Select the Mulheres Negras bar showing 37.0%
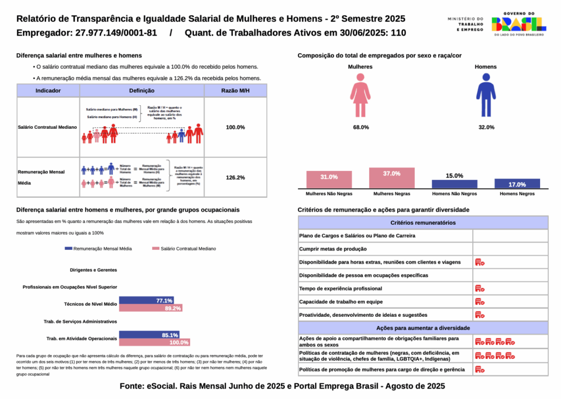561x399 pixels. [x=392, y=178]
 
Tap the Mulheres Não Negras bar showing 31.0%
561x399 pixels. [x=329, y=179]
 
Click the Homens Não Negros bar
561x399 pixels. [x=454, y=184]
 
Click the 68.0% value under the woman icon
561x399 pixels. [x=360, y=127]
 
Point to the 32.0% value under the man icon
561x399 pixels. [x=486, y=127]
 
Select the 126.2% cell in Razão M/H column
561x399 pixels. [x=236, y=178]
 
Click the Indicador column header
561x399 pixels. [x=48, y=90]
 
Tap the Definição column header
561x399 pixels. [x=142, y=90]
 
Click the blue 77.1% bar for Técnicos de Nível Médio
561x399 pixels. [x=146, y=300]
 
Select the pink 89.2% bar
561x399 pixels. [x=151, y=308]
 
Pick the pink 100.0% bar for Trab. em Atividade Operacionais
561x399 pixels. [x=154, y=342]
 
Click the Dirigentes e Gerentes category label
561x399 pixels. [x=93, y=270]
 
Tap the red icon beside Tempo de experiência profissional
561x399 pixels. [x=479, y=288]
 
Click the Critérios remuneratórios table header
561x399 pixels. [x=423, y=223]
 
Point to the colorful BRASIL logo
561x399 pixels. [x=518, y=23]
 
